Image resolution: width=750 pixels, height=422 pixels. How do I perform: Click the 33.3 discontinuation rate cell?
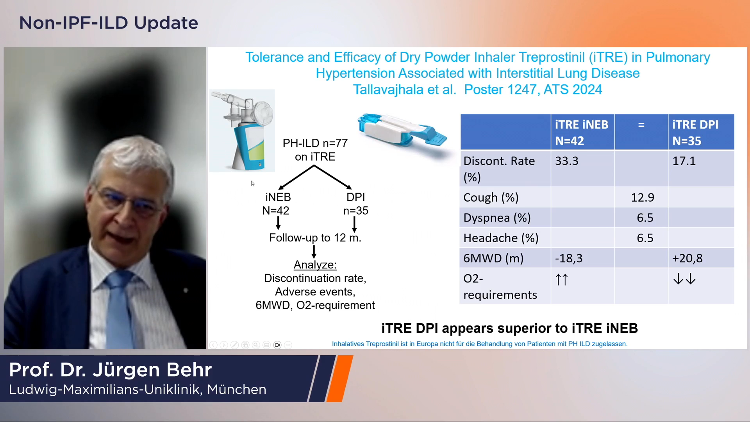point(567,161)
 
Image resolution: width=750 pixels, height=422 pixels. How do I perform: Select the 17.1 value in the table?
point(684,161)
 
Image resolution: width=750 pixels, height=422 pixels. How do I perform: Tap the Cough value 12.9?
point(643,197)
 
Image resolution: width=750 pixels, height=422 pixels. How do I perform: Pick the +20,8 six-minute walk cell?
point(687,258)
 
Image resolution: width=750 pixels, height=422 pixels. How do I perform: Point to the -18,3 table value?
point(569,258)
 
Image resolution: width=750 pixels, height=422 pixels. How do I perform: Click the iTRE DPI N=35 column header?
point(695,132)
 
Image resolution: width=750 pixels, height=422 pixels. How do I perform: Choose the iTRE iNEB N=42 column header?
point(582,132)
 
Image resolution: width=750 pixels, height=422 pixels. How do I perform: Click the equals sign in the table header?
point(641,125)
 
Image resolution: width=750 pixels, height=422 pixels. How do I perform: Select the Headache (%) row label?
point(501,238)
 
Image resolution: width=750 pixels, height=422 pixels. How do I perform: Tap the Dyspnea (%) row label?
point(497,218)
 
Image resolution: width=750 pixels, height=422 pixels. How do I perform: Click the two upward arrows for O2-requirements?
point(562,279)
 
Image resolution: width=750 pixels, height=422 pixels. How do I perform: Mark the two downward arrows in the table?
point(684,279)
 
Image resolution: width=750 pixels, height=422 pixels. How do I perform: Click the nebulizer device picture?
point(242,131)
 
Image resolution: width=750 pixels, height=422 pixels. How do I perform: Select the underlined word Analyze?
point(315,265)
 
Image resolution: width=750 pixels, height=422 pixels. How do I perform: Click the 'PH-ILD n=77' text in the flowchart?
point(315,143)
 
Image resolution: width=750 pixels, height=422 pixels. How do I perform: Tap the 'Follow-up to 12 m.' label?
point(315,238)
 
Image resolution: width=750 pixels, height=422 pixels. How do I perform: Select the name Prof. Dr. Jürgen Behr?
point(111,370)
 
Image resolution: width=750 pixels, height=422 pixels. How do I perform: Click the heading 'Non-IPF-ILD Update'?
point(109,23)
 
